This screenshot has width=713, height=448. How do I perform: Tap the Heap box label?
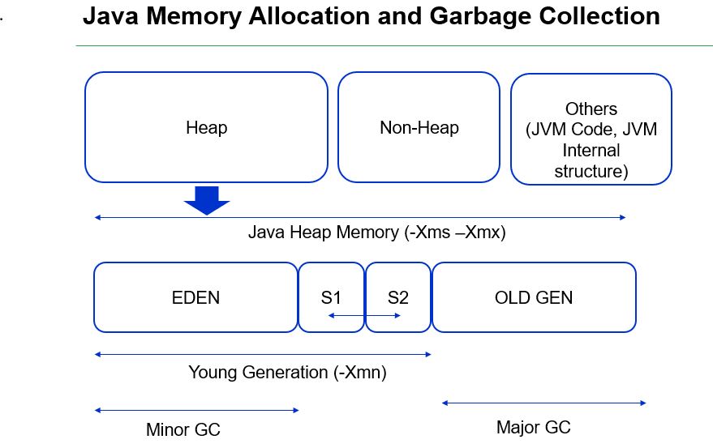[x=206, y=127]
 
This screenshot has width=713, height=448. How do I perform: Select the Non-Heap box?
[x=419, y=127]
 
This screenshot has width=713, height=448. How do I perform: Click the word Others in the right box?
[x=591, y=109]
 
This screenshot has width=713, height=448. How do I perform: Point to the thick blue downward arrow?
[x=207, y=199]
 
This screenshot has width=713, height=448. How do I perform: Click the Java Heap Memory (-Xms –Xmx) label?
[x=376, y=233]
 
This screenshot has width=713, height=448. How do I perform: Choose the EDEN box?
[x=195, y=297]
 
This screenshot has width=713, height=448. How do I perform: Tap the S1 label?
[x=331, y=297]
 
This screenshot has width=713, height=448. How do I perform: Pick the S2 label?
[x=397, y=297]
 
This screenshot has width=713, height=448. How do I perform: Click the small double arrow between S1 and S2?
[x=364, y=315]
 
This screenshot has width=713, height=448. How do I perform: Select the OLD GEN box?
[x=533, y=297]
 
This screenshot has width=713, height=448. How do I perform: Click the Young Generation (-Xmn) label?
[x=287, y=373]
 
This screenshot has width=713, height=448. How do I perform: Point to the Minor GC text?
[x=183, y=429]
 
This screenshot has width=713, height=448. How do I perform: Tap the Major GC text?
[x=533, y=427]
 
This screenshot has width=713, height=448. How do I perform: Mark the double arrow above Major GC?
[x=543, y=403]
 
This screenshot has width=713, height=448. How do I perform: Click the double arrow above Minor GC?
[x=196, y=411]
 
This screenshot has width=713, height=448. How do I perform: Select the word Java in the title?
[x=110, y=15]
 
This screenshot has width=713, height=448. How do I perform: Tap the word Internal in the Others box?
[x=591, y=150]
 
